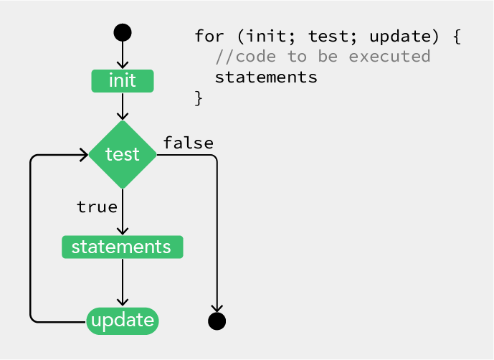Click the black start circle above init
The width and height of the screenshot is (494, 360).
(123, 32)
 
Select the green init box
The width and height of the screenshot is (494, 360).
(123, 81)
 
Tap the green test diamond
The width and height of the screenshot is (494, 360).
(123, 154)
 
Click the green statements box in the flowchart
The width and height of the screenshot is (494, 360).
(122, 247)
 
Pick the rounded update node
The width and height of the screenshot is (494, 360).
(123, 321)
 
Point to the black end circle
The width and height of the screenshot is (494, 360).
(217, 321)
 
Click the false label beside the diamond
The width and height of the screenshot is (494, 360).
(189, 143)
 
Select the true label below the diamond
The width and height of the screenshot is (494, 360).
(97, 207)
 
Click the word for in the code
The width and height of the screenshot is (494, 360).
(209, 36)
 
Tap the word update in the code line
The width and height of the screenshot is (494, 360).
(400, 37)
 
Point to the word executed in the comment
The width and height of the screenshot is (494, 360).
(390, 57)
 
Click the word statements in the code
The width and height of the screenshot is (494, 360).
(266, 77)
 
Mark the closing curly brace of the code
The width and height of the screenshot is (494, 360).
(199, 98)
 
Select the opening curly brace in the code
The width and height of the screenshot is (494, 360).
(457, 37)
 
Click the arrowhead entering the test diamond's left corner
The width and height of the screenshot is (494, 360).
(85, 155)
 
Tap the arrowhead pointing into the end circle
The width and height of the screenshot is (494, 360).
(217, 308)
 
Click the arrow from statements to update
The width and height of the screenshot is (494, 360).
(123, 282)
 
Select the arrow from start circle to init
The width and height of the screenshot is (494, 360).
(123, 55)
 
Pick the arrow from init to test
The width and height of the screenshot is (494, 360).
(123, 106)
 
